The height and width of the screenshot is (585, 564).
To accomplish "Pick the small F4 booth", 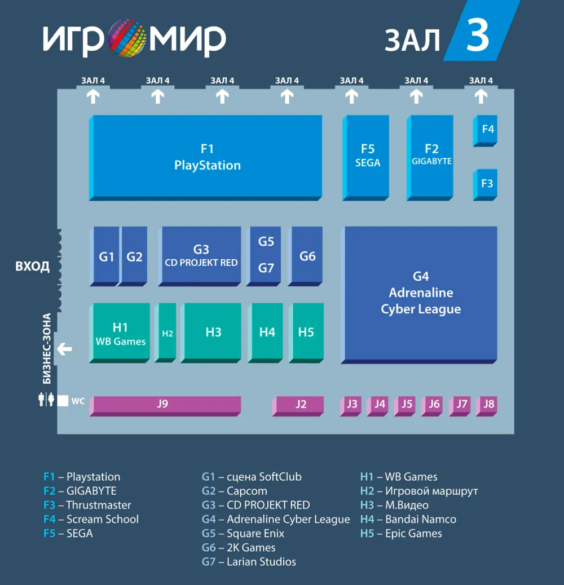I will click(486, 130).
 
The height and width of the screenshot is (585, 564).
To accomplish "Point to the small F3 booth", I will click(486, 184).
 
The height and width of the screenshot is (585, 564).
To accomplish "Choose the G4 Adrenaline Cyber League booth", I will click(421, 293).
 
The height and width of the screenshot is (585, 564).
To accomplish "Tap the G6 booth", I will click(307, 256).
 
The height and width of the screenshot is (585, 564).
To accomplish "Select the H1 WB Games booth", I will click(121, 333).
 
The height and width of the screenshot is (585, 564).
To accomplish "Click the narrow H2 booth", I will click(168, 333).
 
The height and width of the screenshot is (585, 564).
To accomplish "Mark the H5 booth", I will click(306, 332).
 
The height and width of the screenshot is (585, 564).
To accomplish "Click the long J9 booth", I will click(164, 404).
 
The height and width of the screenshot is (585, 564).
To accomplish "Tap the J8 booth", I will click(488, 404).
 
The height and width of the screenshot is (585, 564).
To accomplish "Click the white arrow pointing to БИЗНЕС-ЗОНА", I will click(65, 349).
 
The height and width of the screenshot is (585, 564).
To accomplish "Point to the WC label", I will click(78, 401).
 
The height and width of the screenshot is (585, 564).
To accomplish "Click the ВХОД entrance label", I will click(32, 267).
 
